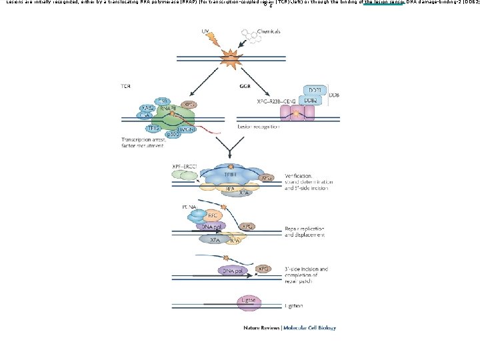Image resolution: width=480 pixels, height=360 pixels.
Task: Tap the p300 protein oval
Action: [172, 133]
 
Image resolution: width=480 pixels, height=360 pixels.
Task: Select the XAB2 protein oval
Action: [147, 108]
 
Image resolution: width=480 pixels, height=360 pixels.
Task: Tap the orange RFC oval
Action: [212, 216]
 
